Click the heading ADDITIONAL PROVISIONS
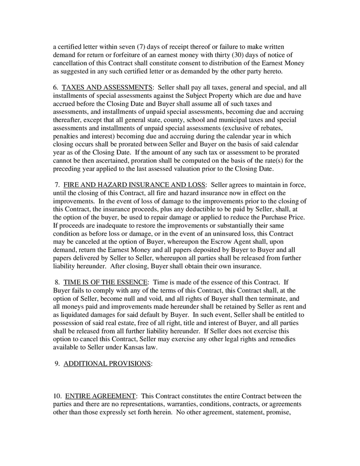tap(107, 363)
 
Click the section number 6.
tap(55, 87)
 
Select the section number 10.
tap(57, 396)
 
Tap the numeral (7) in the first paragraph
tap(136, 47)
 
